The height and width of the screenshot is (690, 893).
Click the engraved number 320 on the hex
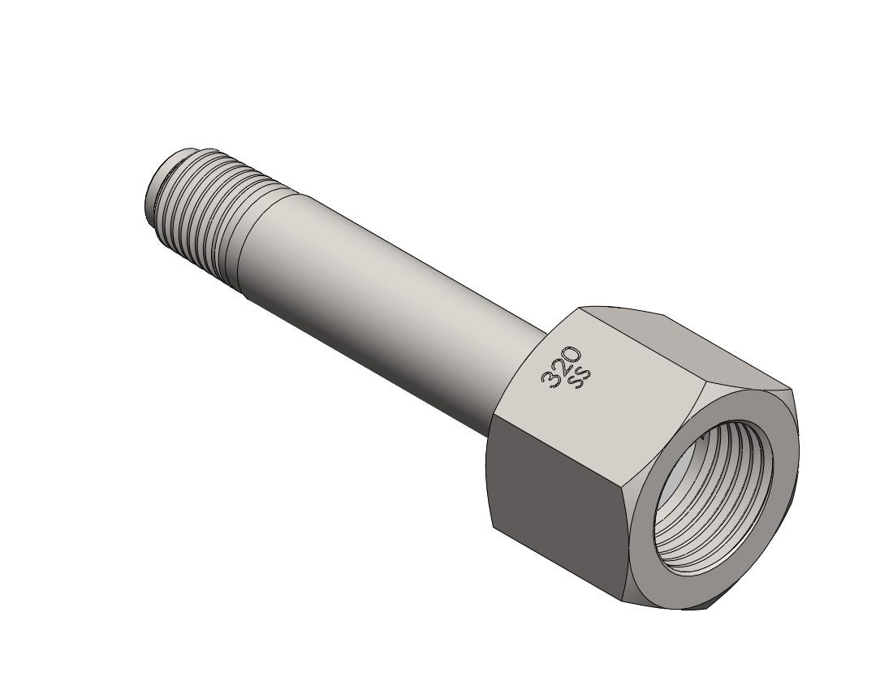point(562,367)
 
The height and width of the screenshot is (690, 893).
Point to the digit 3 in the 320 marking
point(550,380)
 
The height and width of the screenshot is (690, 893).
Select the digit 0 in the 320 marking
point(573,356)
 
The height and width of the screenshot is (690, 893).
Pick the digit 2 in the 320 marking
point(561,368)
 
